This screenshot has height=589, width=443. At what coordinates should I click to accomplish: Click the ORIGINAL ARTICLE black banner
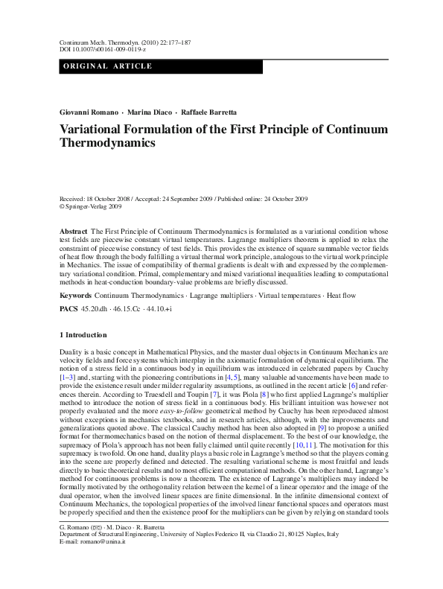tap(160, 66)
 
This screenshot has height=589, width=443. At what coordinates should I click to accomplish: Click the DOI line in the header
tap(93, 50)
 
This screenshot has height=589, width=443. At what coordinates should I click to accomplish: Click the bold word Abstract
tap(73, 233)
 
